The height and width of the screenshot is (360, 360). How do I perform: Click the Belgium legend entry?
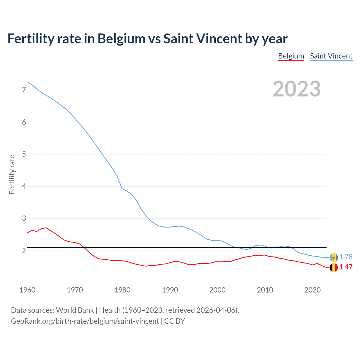tap(291, 56)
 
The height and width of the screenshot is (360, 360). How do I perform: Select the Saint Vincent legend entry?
tap(331, 56)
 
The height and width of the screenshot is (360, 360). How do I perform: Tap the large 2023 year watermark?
tap(296, 89)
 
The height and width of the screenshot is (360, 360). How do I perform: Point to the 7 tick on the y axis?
tap(24, 90)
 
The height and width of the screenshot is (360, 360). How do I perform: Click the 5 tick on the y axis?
tap(24, 154)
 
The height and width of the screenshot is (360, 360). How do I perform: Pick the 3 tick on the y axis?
tap(24, 218)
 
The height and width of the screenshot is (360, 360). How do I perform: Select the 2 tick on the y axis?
tap(24, 251)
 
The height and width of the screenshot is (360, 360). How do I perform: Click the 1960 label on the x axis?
tap(27, 290)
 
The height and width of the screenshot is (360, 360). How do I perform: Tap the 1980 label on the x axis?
tap(122, 290)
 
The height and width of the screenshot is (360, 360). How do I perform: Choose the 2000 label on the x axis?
tap(217, 290)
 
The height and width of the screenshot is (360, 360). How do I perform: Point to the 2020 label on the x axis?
tap(312, 290)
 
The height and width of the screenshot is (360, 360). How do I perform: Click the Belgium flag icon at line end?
tap(334, 267)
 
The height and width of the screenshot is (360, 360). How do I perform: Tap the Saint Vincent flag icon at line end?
tap(334, 257)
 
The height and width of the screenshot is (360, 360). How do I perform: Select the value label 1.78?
tap(346, 257)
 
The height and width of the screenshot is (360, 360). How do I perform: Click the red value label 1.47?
tap(346, 267)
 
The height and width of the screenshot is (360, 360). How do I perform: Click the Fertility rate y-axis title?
tap(12, 174)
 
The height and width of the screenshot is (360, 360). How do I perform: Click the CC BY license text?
tap(174, 321)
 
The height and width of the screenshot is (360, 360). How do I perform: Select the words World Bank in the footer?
tap(75, 310)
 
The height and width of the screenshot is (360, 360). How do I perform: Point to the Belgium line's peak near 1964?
tap(46, 228)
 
